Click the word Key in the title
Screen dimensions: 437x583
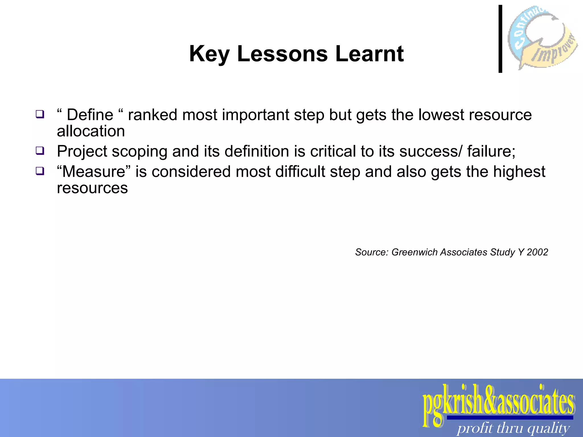(209, 54)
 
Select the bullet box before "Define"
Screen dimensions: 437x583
(40, 114)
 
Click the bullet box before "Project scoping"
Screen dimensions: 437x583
(40, 151)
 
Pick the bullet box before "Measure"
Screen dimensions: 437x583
(40, 171)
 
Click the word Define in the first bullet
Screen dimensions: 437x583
(90, 115)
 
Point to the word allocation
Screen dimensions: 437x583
(91, 131)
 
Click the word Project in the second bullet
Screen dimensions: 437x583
(82, 151)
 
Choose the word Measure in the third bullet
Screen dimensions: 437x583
(94, 172)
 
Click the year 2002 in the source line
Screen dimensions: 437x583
(537, 252)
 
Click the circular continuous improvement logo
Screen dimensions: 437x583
(542, 37)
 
